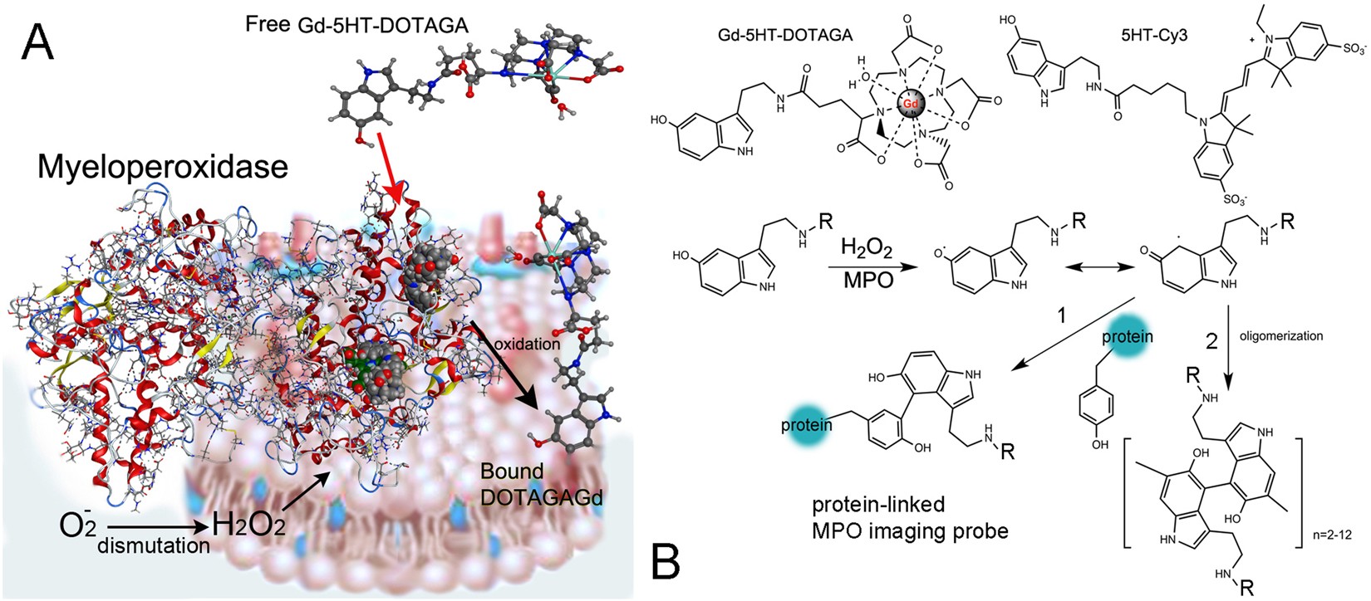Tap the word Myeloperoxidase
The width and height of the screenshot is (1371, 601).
click(x=162, y=168)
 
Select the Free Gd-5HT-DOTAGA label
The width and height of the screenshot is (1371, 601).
click(x=356, y=25)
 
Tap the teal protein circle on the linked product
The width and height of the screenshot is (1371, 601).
click(x=807, y=425)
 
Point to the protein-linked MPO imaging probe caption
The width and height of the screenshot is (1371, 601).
click(x=910, y=517)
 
